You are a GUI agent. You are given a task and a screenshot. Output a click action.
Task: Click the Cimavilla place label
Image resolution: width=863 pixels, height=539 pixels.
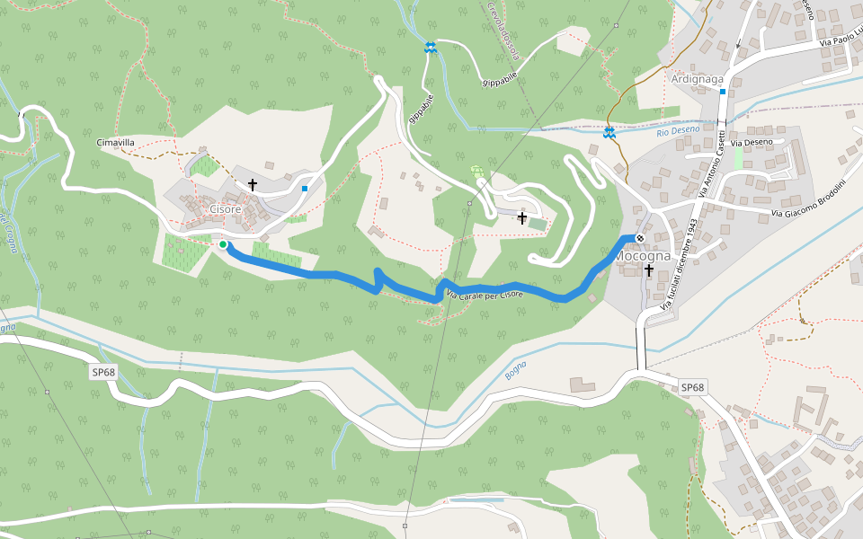tap(115, 142)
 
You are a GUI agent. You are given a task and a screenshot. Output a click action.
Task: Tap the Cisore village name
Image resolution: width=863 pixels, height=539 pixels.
tap(225, 209)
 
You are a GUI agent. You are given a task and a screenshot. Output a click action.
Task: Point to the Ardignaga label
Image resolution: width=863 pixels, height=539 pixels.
tap(698, 79)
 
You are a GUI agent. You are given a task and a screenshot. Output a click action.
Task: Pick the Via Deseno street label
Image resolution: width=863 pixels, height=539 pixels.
tap(752, 142)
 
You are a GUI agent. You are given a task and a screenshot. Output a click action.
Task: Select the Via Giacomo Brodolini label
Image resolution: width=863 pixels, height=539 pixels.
tap(808, 199)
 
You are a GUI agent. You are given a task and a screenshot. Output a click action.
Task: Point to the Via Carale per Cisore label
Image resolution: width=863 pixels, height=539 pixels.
tap(485, 294)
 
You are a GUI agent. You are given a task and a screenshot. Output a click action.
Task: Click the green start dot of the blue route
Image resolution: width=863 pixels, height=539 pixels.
tap(222, 243)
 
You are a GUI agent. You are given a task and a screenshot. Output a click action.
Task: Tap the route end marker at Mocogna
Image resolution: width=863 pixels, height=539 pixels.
tap(639, 238)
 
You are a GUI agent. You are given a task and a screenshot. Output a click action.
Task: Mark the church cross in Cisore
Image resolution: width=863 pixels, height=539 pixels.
tap(253, 185)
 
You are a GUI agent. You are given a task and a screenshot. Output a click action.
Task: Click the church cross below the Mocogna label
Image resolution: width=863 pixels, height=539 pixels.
tap(648, 270)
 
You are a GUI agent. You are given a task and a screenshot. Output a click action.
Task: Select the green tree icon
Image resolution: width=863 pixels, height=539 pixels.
tap(477, 171)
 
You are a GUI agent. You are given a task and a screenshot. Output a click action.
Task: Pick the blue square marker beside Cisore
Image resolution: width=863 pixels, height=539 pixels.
tap(305, 189)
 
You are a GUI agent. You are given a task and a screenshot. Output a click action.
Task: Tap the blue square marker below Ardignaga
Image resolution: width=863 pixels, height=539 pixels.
tap(722, 92)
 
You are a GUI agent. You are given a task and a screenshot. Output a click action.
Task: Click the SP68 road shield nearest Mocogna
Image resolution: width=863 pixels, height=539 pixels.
tap(691, 387)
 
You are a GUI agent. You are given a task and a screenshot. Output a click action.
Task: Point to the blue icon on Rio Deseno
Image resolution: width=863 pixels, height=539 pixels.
tap(609, 133)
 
